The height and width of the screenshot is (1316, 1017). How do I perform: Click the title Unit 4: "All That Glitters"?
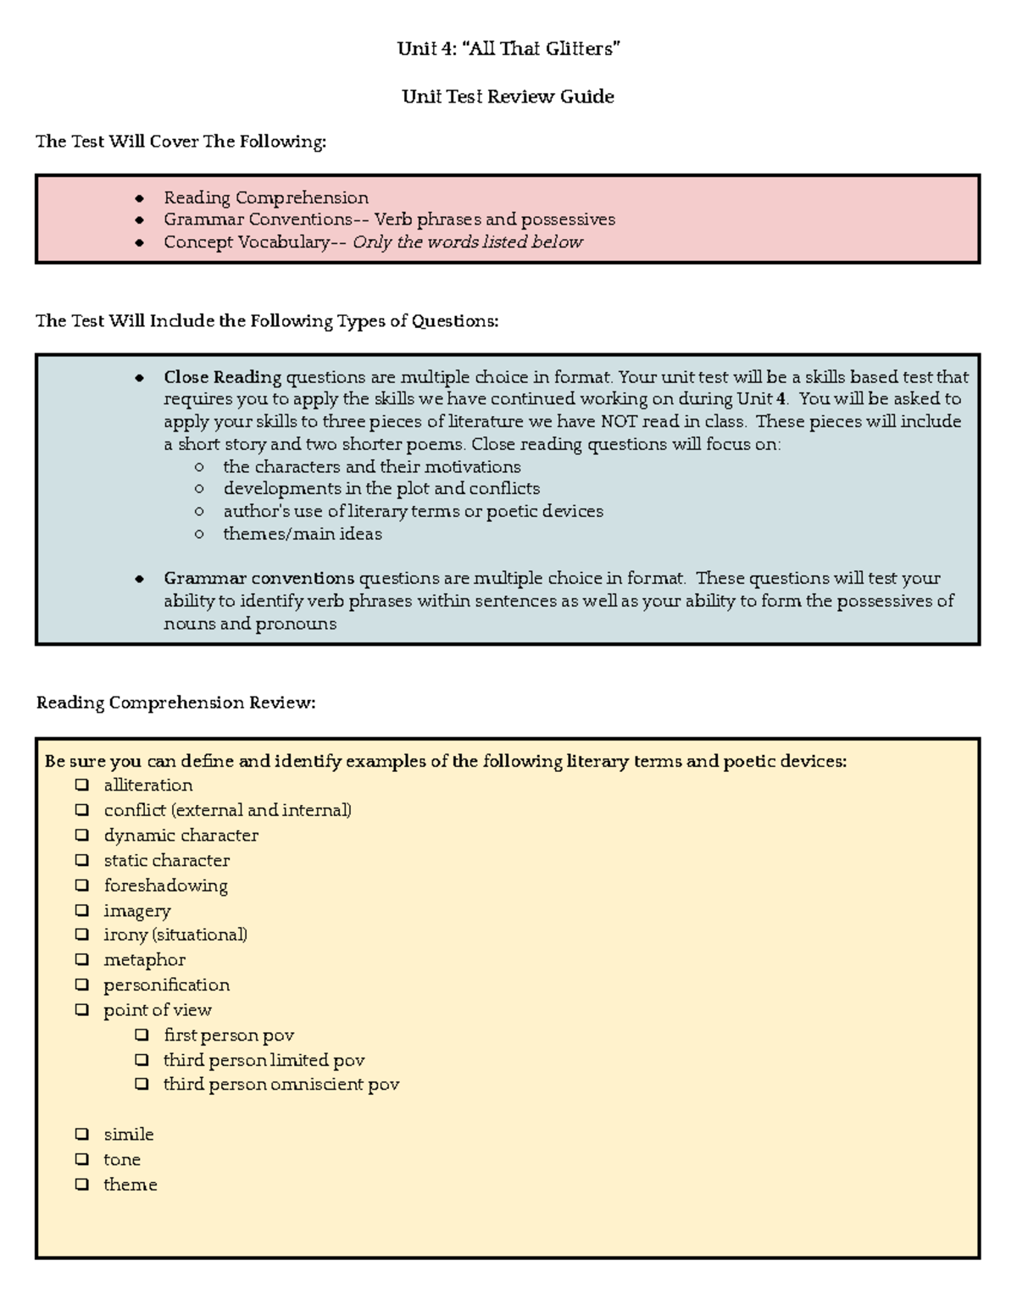click(508, 49)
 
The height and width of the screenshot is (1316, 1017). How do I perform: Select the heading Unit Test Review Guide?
click(508, 97)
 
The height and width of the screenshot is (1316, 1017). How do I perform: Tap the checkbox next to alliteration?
click(81, 785)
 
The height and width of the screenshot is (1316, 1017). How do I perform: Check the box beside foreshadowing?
click(81, 885)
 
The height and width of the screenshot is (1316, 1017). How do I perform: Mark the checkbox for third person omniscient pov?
click(142, 1084)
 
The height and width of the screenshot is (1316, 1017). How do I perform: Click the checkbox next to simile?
click(81, 1134)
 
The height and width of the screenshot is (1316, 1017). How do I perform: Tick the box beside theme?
click(81, 1184)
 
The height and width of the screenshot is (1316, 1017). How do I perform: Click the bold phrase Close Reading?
click(222, 377)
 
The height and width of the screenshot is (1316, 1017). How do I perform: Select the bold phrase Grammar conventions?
click(258, 579)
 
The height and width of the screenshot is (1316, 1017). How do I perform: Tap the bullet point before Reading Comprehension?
click(139, 198)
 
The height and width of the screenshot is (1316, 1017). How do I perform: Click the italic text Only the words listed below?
click(467, 242)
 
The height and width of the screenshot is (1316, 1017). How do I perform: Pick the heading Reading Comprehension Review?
click(175, 702)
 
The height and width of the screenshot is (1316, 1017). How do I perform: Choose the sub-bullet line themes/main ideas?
click(302, 534)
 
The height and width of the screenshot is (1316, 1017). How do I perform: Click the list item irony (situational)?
click(175, 935)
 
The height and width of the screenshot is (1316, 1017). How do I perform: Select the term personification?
click(166, 985)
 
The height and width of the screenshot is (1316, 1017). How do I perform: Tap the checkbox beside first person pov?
click(142, 1035)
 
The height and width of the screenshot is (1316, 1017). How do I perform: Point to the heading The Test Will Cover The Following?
click(181, 142)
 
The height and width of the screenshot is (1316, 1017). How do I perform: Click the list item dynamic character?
click(181, 835)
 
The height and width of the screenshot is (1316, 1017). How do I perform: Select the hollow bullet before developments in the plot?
click(199, 489)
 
